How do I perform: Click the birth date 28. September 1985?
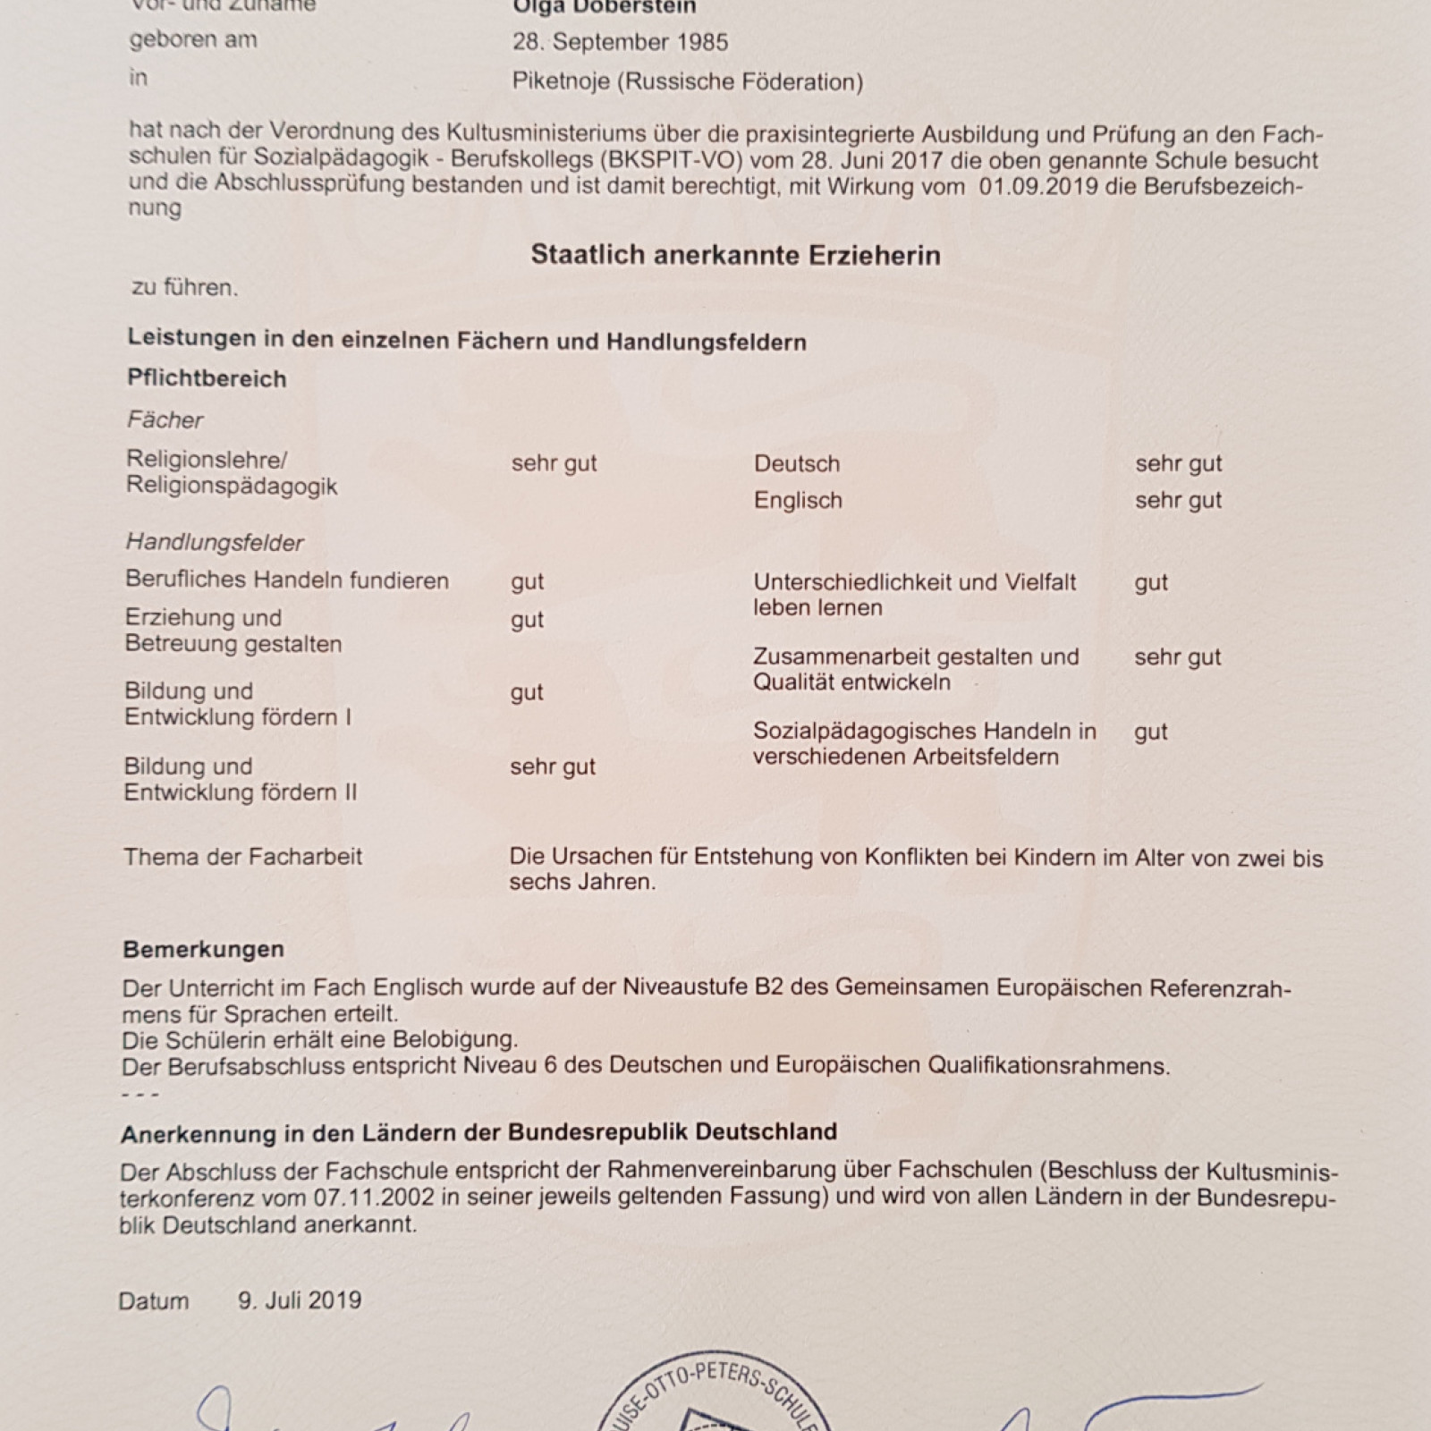[x=620, y=42]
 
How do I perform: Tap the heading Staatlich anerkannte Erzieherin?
[x=735, y=255]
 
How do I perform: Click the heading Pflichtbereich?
[x=207, y=378]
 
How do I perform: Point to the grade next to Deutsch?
[x=1178, y=463]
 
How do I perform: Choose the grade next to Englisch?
[x=1178, y=500]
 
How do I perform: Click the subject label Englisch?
[x=798, y=500]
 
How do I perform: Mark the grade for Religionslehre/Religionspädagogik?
[x=554, y=463]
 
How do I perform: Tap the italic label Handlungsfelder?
[x=215, y=542]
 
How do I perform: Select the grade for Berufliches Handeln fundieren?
[x=527, y=581]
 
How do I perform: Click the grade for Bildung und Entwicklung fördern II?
[x=552, y=766]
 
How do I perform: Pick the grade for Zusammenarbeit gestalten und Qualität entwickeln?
[x=1177, y=657]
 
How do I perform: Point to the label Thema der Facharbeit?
[x=243, y=857]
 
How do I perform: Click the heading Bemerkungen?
[x=203, y=949]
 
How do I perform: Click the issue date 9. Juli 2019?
[x=300, y=1300]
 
